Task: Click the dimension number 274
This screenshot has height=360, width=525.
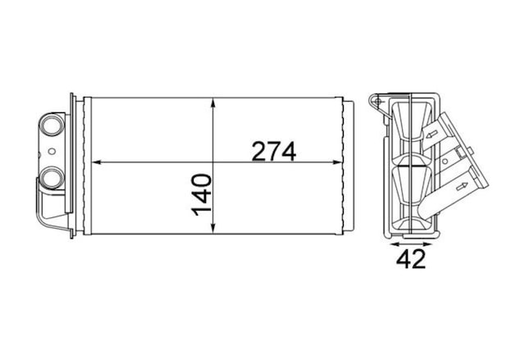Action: click(273, 151)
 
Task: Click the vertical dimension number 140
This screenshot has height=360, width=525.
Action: click(202, 194)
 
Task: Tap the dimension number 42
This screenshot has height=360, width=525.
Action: click(411, 258)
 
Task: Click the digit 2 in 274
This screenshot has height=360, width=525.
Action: click(258, 151)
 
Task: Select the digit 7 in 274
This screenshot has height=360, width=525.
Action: click(273, 151)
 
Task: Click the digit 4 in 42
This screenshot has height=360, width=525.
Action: click(404, 258)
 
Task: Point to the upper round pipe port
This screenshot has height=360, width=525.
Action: click(52, 125)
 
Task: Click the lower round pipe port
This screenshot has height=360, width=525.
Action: click(52, 177)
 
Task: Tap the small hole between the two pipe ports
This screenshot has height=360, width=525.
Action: click(52, 151)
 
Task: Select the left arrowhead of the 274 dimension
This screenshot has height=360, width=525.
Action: click(96, 162)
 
